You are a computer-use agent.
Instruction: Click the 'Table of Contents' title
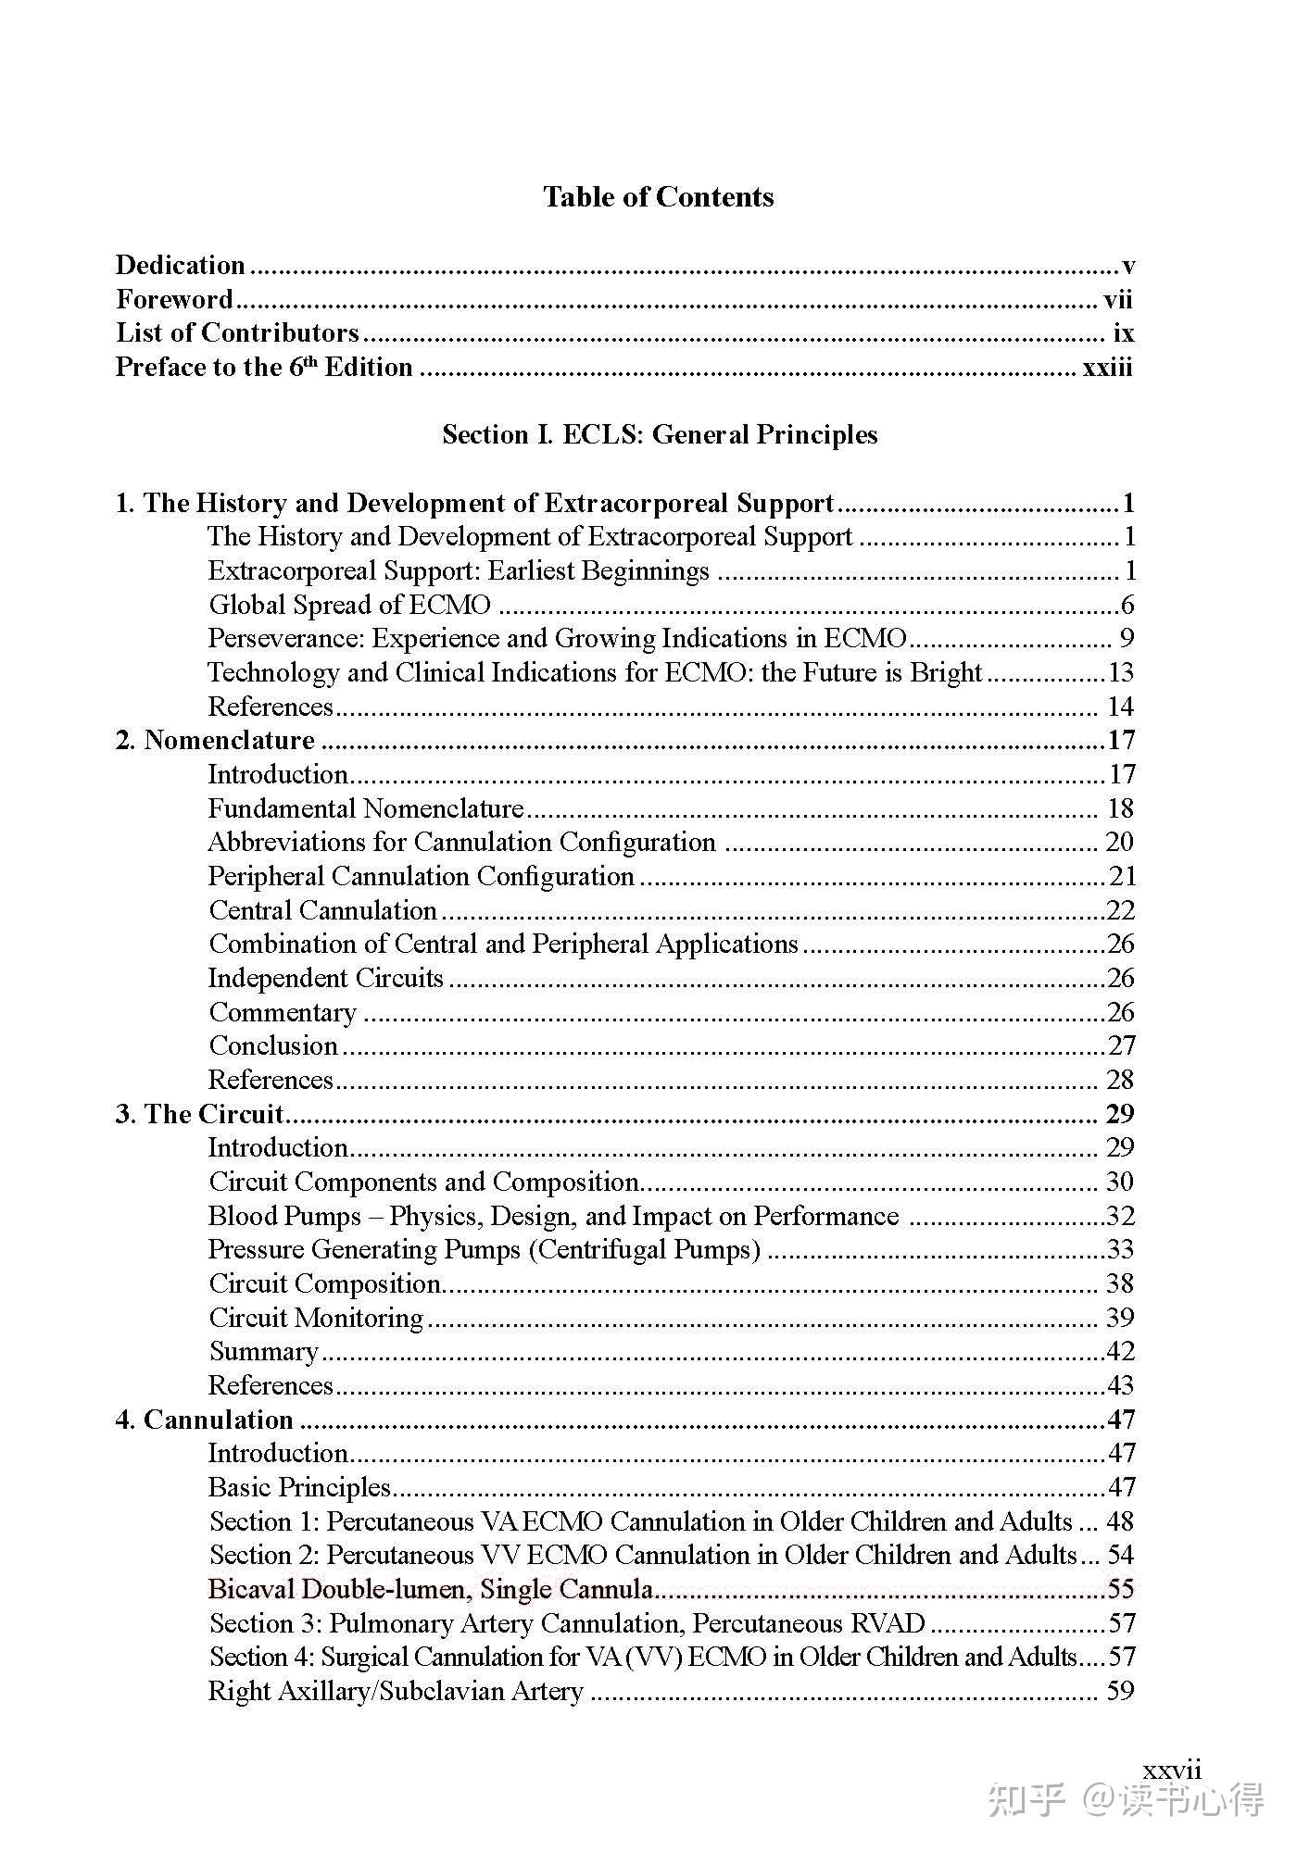click(658, 197)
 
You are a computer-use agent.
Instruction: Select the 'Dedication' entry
click(181, 266)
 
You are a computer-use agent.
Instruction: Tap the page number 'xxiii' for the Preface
click(1107, 368)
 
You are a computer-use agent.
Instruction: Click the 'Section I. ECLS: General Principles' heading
click(659, 434)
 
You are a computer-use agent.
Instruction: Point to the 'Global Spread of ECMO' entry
click(349, 605)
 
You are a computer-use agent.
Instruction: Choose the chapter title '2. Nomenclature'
click(215, 741)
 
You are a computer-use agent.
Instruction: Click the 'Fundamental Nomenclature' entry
click(365, 808)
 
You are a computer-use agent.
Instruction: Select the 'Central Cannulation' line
click(322, 910)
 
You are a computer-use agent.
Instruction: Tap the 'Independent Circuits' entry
click(325, 978)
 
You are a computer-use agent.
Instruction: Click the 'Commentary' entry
click(283, 1012)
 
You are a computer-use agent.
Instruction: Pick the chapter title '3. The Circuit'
click(199, 1114)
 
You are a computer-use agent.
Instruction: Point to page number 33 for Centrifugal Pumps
click(1120, 1249)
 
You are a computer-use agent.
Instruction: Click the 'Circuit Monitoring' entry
click(316, 1318)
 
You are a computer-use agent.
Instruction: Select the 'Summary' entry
click(264, 1351)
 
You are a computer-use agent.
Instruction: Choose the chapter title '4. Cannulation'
click(204, 1420)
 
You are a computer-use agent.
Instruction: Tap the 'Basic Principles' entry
click(299, 1487)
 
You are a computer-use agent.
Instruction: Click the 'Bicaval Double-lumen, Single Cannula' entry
click(430, 1589)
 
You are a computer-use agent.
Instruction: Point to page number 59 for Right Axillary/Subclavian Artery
click(1120, 1691)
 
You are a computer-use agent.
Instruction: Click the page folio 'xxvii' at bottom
click(1172, 1771)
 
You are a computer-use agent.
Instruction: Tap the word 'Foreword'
click(174, 299)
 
